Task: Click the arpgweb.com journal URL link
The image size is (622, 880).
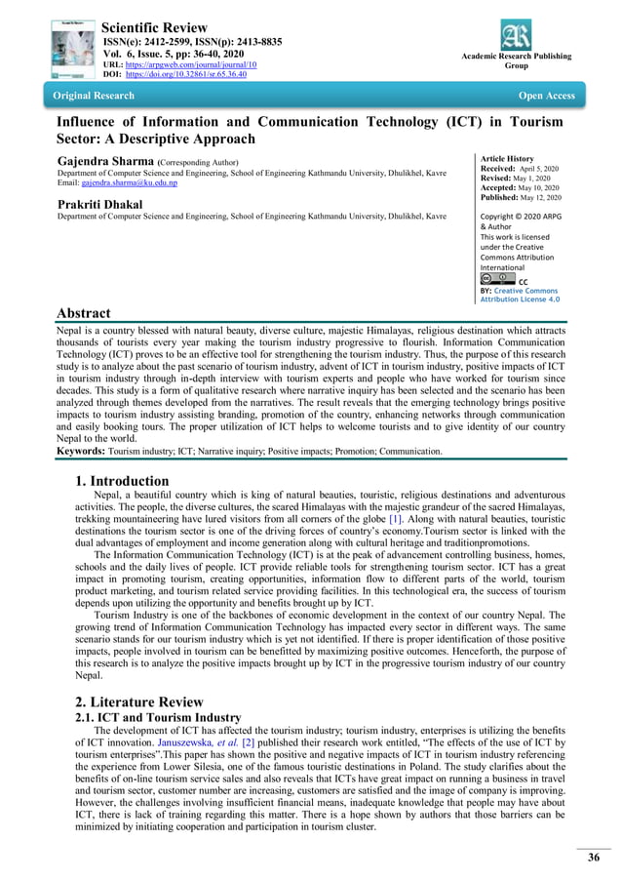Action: (x=193, y=63)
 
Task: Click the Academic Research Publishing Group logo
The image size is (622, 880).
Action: (x=516, y=36)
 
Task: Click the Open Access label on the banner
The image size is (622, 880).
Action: (x=547, y=96)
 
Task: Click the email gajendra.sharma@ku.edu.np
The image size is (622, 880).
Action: (x=132, y=183)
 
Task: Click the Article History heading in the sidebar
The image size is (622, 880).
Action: (x=507, y=158)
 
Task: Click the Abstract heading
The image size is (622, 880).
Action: (x=83, y=313)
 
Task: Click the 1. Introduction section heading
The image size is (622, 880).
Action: (x=122, y=480)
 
